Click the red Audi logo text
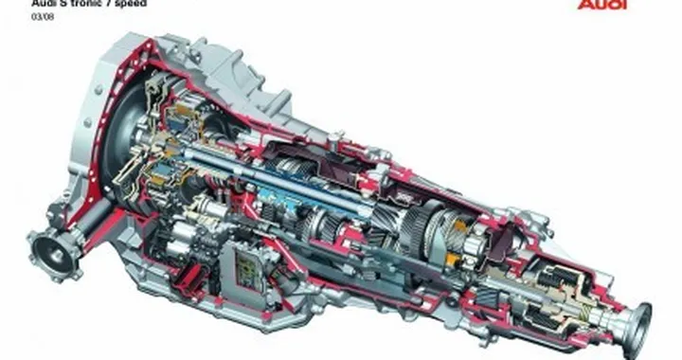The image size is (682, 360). pos(602,5)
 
